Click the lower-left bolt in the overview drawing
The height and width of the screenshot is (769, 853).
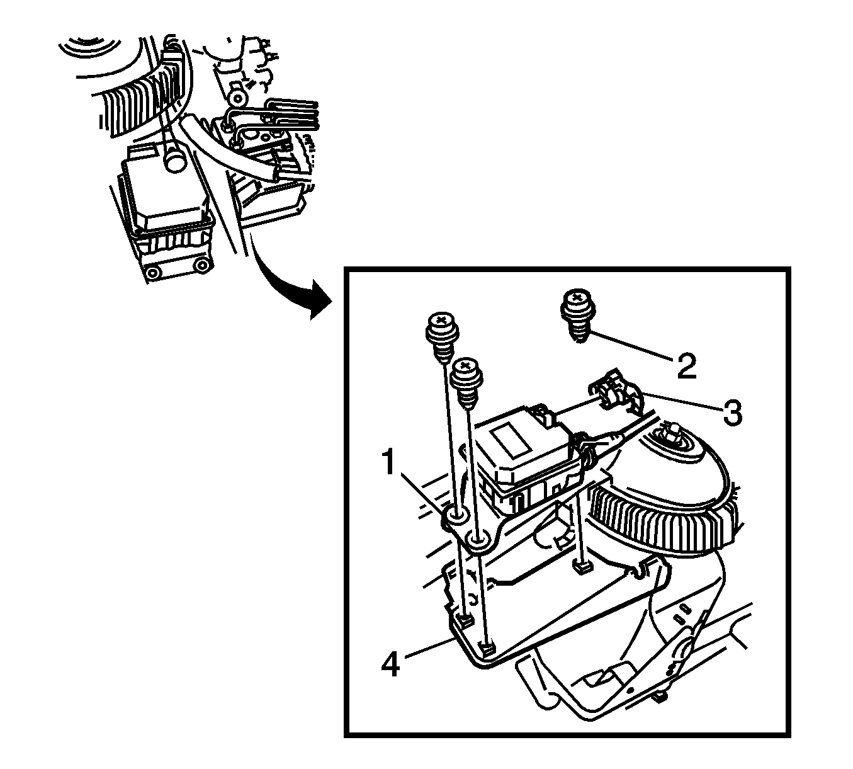pyautogui.click(x=152, y=272)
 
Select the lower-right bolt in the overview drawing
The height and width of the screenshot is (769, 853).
pyautogui.click(x=201, y=265)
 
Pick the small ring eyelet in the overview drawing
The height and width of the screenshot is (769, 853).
pyautogui.click(x=238, y=98)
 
